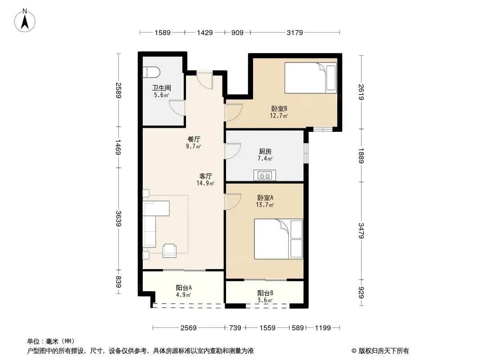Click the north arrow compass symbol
(25, 21)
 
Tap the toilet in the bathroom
(152, 72)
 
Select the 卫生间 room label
(161, 88)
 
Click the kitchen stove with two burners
(265, 175)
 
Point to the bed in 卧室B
(311, 78)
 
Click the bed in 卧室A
(278, 239)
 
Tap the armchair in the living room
(169, 251)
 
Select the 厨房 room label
(265, 151)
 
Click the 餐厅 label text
(194, 139)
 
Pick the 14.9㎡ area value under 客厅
(205, 183)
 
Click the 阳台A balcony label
(184, 288)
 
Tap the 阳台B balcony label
(265, 293)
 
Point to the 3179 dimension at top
(295, 32)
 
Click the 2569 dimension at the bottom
(188, 328)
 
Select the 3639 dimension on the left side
(119, 218)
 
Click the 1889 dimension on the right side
(361, 156)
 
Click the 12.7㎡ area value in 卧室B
(279, 116)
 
